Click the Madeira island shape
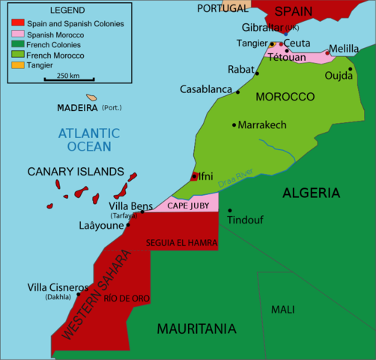tap(91, 97)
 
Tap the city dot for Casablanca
tap(238, 92)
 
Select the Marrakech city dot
tap(234, 124)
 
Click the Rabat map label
tap(240, 70)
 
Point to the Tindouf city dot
tap(230, 211)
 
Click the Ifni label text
tap(205, 176)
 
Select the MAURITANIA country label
tap(196, 328)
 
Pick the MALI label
tap(283, 309)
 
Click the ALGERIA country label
tap(311, 193)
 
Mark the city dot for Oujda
tap(350, 69)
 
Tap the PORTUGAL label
tap(222, 8)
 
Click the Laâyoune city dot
tap(128, 224)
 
